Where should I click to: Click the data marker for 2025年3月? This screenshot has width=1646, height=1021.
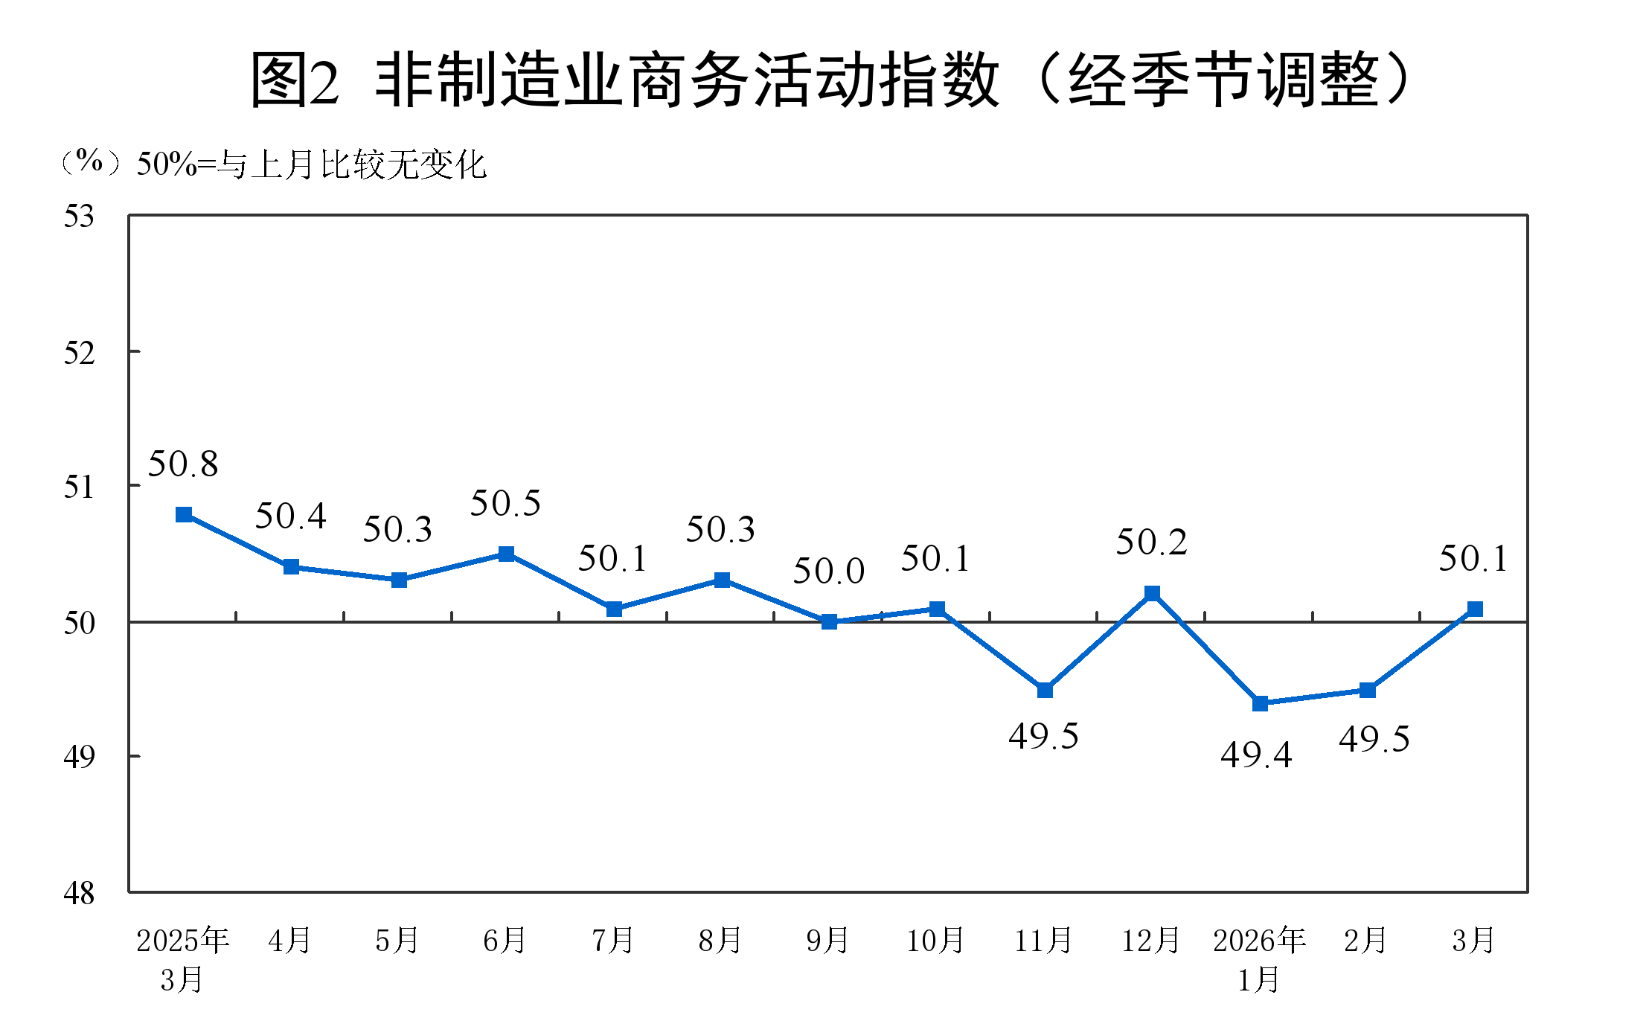point(184,515)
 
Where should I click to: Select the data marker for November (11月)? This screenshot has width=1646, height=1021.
point(1045,691)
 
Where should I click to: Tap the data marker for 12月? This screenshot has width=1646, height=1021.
point(1152,593)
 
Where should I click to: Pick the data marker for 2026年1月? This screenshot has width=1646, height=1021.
point(1260,703)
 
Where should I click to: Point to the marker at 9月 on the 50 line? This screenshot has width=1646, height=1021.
point(829,621)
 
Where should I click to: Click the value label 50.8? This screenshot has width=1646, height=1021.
point(183,464)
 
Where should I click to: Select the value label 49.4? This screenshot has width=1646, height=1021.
point(1256,755)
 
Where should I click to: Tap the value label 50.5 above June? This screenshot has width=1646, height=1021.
point(505,504)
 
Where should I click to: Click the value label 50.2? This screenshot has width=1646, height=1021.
point(1151,542)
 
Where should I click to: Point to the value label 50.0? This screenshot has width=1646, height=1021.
point(828,572)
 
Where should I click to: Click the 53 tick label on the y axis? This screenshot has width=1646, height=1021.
point(80,217)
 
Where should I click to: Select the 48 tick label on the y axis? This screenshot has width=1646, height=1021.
point(80,893)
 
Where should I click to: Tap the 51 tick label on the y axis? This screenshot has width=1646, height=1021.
point(80,487)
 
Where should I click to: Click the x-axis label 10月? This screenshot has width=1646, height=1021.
point(935,941)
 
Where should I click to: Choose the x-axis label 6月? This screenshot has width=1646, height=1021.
point(505,941)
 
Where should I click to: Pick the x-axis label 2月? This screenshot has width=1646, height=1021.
point(1365,941)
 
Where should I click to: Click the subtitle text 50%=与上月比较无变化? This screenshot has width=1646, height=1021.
point(312,164)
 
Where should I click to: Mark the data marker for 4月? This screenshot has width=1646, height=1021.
point(291,567)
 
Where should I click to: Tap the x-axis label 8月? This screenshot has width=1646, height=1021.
point(720,941)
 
